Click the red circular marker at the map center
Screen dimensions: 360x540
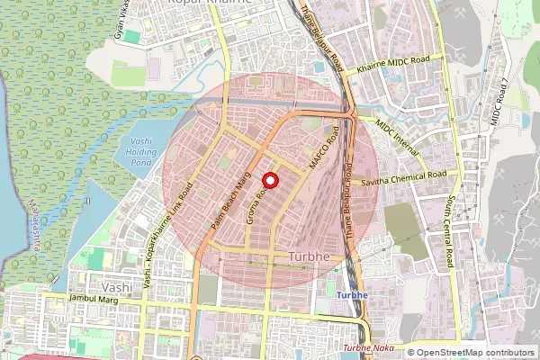(270, 180)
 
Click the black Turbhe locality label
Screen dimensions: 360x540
(310, 257)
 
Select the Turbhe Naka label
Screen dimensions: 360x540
(369, 348)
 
